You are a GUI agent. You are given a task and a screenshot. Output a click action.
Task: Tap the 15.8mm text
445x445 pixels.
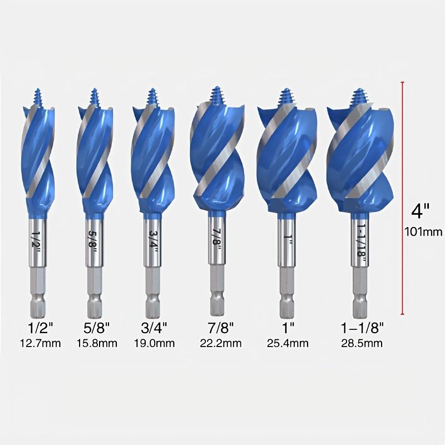(x=97, y=343)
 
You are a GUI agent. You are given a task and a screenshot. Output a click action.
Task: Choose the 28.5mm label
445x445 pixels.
(x=361, y=343)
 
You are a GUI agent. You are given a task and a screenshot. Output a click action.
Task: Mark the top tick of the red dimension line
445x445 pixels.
(x=402, y=82)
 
